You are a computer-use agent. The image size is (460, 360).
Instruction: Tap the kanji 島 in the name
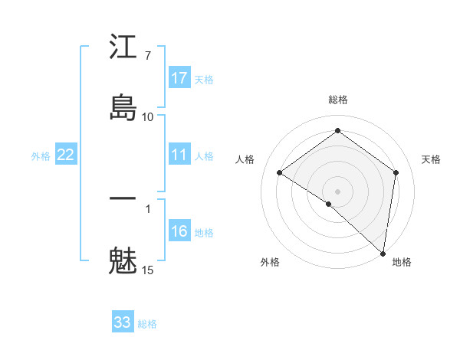(123, 107)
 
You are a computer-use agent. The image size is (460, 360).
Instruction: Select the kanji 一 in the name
(123, 199)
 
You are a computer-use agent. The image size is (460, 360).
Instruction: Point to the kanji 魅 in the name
(123, 260)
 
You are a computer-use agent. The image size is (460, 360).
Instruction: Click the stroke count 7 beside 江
(147, 56)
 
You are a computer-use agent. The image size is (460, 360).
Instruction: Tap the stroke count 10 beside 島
(147, 116)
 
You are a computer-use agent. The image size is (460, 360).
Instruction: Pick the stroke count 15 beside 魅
(147, 270)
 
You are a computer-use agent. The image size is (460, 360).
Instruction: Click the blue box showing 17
(179, 78)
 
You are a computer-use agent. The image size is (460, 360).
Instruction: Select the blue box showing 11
(179, 155)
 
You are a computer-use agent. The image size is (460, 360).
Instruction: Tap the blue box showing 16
(179, 231)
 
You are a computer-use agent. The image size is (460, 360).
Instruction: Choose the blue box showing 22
(66, 155)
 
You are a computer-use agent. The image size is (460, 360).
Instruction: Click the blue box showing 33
(123, 322)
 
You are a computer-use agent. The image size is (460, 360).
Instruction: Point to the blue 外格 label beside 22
(41, 156)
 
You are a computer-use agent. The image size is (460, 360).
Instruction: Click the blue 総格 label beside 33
(147, 324)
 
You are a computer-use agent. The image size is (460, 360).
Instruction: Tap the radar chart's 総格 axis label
(338, 100)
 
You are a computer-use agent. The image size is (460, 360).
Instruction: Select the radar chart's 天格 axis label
(431, 159)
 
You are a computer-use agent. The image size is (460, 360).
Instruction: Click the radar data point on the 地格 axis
(383, 253)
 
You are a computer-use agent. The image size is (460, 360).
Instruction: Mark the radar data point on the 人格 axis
(280, 172)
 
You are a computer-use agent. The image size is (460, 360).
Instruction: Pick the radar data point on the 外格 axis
(328, 204)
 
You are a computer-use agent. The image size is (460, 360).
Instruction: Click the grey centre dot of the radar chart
(338, 191)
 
